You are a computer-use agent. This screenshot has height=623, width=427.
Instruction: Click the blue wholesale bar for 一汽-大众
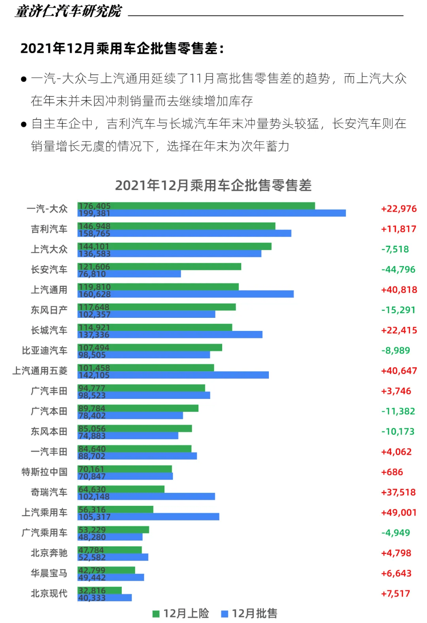pyautogui.click(x=212, y=213)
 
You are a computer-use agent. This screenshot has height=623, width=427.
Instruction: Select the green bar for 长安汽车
pyautogui.click(x=159, y=267)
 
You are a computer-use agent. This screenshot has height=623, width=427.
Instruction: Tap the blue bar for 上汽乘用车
pyautogui.click(x=148, y=517)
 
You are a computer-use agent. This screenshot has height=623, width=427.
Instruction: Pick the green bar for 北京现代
pyautogui.click(x=100, y=591)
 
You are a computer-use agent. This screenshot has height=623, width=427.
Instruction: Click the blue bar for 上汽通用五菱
pyautogui.click(x=173, y=375)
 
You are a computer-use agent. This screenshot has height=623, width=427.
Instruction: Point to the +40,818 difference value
pyautogui.click(x=399, y=290)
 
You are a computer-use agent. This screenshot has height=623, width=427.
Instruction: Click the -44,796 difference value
pyautogui.click(x=398, y=270)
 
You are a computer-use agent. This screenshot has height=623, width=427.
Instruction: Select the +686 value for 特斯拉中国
pyautogui.click(x=392, y=472)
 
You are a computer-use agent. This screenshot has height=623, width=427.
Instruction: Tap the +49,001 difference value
pyautogui.click(x=399, y=513)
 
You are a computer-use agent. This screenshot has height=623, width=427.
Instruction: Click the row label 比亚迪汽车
pyautogui.click(x=44, y=350)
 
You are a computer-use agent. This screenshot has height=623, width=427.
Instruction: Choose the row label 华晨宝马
pyautogui.click(x=49, y=573)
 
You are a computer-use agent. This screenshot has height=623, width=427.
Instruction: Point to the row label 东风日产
pyautogui.click(x=49, y=310)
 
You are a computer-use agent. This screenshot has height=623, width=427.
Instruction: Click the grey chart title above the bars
pyautogui.click(x=213, y=185)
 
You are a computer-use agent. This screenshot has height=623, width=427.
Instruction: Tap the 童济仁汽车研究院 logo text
pyautogui.click(x=68, y=11)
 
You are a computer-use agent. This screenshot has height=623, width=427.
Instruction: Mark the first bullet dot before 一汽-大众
pyautogui.click(x=24, y=80)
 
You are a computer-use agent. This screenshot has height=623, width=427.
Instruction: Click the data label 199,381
pyautogui.click(x=94, y=213)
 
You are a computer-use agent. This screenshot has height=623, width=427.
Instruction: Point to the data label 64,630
pyautogui.click(x=92, y=489)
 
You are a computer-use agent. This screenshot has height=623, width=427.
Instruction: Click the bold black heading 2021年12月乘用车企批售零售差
pyautogui.click(x=122, y=48)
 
